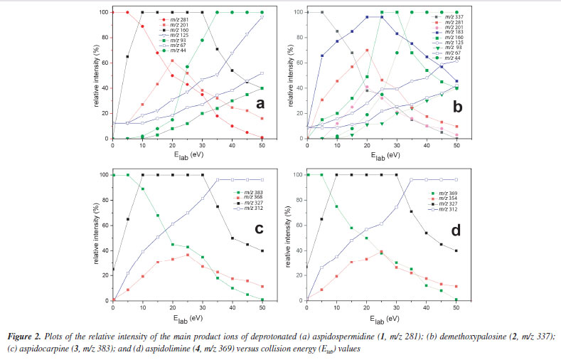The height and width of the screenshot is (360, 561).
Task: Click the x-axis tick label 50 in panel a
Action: click(262, 146)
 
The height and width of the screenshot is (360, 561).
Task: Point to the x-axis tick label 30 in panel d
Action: click(395, 307)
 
